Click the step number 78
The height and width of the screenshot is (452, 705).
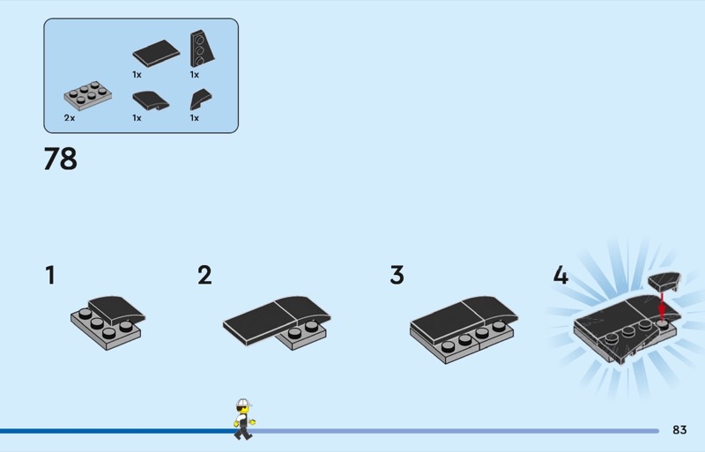[x=61, y=159]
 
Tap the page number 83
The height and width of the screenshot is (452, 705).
[x=679, y=430]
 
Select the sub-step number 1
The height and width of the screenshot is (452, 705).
[x=50, y=276]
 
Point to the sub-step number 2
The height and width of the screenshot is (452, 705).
[x=204, y=276]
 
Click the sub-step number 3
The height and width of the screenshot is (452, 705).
[x=397, y=276]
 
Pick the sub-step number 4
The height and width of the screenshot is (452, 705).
[x=560, y=276]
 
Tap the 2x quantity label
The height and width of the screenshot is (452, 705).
[x=69, y=117]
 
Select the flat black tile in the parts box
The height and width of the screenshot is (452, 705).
[x=155, y=53]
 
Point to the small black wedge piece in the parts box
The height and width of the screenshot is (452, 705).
[x=201, y=99]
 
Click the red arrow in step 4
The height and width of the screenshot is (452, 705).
[x=661, y=307]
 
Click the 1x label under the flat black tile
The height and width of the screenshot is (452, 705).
[x=137, y=75]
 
